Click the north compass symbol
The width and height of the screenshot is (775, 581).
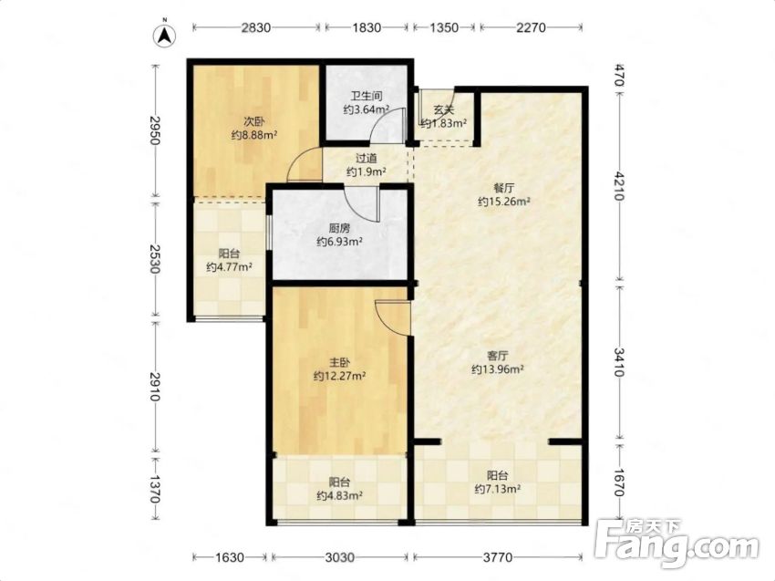pyautogui.click(x=165, y=35)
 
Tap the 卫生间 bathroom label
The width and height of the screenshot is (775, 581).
pyautogui.click(x=367, y=96)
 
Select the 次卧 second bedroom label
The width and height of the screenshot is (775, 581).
pyautogui.click(x=253, y=121)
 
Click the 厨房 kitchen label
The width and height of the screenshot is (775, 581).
pyautogui.click(x=339, y=228)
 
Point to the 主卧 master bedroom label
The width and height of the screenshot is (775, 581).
pyautogui.click(x=339, y=362)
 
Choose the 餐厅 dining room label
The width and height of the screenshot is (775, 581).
pyautogui.click(x=503, y=188)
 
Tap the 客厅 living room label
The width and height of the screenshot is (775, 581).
pyautogui.click(x=498, y=356)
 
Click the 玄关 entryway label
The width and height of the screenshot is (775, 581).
pyautogui.click(x=443, y=109)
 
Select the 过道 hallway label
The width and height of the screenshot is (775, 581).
pyautogui.click(x=367, y=158)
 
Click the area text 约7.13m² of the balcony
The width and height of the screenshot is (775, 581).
pyautogui.click(x=498, y=490)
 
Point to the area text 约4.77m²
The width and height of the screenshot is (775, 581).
pyautogui.click(x=230, y=267)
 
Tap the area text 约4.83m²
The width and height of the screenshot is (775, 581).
pyautogui.click(x=339, y=495)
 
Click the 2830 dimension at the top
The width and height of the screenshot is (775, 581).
pyautogui.click(x=256, y=27)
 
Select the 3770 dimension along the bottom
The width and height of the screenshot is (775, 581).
pyautogui.click(x=498, y=558)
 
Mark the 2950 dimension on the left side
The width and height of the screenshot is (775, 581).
pyautogui.click(x=155, y=130)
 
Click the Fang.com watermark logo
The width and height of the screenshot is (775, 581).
pyautogui.click(x=677, y=543)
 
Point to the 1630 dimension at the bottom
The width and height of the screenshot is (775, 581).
pyautogui.click(x=230, y=558)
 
